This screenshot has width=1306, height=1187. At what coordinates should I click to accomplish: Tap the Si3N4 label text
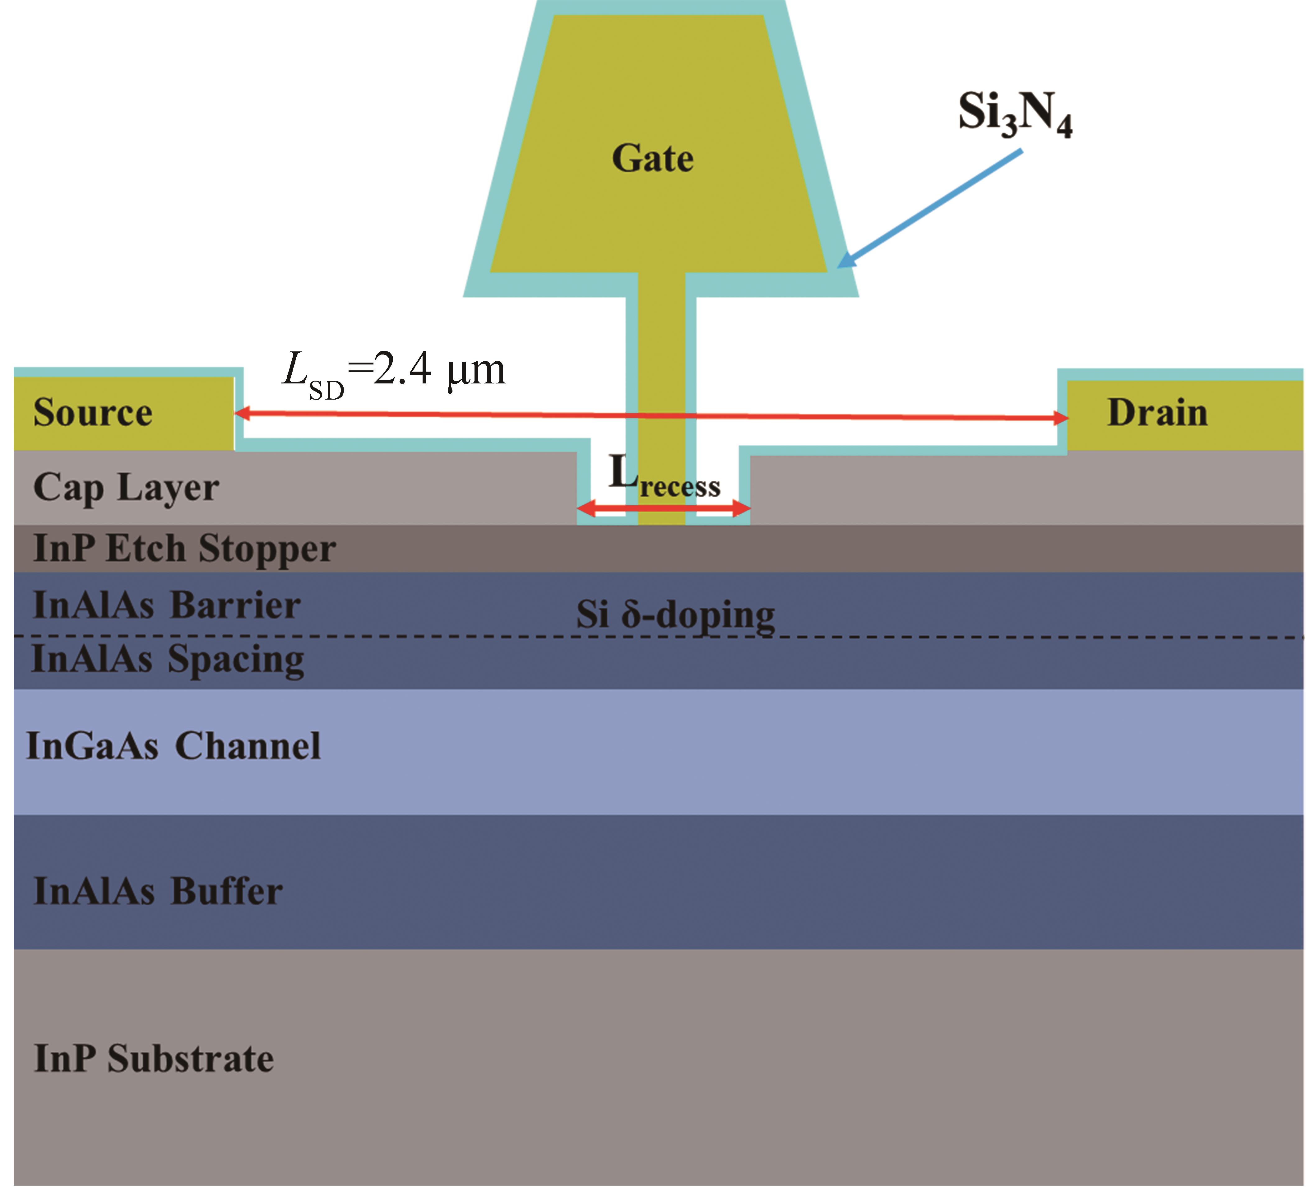click(1015, 114)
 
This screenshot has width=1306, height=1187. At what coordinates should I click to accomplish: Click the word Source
click(93, 413)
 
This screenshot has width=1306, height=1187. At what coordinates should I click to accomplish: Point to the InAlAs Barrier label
click(166, 605)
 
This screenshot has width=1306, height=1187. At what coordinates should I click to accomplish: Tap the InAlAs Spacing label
click(168, 660)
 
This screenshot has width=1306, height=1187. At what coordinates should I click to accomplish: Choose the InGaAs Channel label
click(174, 746)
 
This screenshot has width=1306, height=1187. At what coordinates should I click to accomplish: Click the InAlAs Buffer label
click(158, 891)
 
